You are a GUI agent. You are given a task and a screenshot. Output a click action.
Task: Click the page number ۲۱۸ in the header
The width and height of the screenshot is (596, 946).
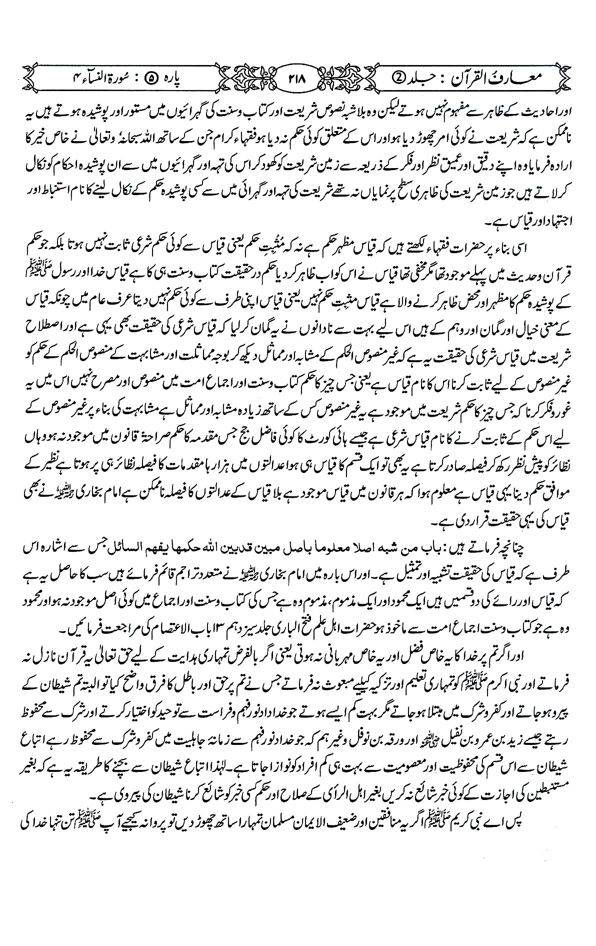pyautogui.click(x=298, y=79)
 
